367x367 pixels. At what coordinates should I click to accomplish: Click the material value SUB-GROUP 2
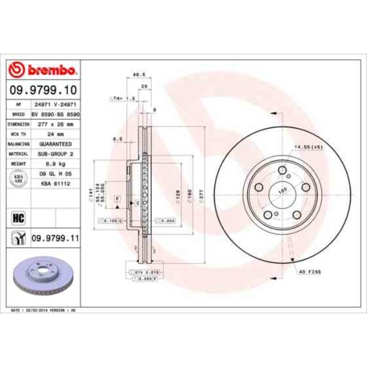pyautogui.click(x=55, y=153)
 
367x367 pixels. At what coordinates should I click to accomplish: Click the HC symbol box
pyautogui.click(x=18, y=216)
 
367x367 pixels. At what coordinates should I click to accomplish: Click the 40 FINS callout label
pyautogui.click(x=310, y=272)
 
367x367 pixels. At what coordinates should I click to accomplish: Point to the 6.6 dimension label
pyautogui.click(x=117, y=138)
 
